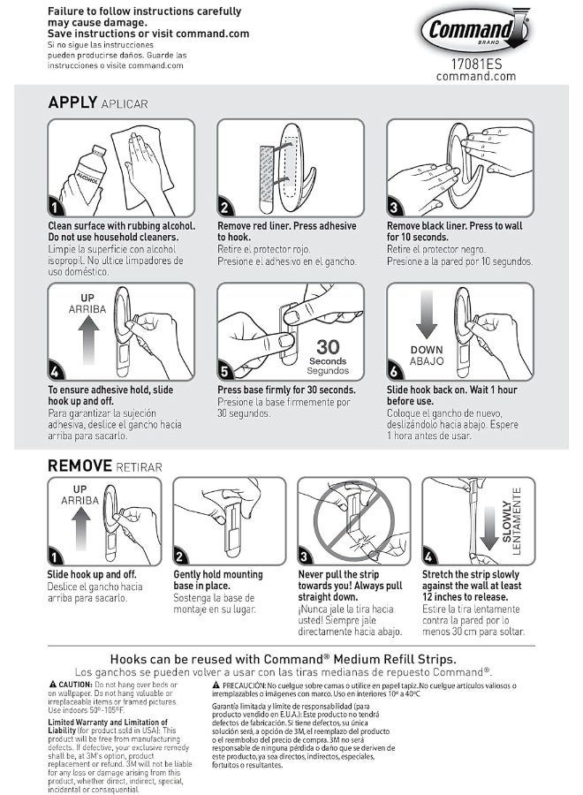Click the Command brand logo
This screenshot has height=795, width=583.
click(x=475, y=29)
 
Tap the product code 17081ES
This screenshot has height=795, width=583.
click(x=476, y=64)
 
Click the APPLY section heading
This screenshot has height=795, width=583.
click(x=72, y=102)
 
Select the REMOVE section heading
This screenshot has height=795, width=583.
click(x=79, y=466)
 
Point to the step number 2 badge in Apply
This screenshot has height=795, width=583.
click(x=224, y=207)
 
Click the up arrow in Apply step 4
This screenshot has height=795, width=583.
click(x=88, y=339)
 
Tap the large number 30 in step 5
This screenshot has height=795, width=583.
click(x=328, y=347)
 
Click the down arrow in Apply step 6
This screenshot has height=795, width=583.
click(x=427, y=314)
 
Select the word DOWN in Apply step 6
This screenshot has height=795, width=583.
click(x=427, y=350)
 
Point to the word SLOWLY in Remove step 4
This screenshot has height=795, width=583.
click(x=506, y=521)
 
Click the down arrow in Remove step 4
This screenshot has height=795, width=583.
click(x=488, y=528)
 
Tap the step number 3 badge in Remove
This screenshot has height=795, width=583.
click(x=304, y=556)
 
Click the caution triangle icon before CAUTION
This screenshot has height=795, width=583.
click(x=53, y=685)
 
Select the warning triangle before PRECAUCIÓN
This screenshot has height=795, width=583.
click(x=216, y=685)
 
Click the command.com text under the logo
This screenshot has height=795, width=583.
click(x=476, y=77)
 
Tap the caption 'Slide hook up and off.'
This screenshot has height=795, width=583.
click(x=92, y=574)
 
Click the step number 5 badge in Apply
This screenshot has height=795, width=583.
click(x=224, y=372)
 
